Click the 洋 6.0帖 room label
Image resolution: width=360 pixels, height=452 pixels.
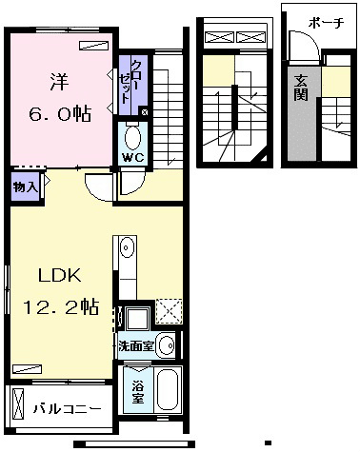coord(60,98)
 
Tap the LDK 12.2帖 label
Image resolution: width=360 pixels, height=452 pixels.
coord(60,291)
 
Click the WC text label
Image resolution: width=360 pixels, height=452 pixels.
coord(133,157)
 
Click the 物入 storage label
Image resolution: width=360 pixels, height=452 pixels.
coord(25,187)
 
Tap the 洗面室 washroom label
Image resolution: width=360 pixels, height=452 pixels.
coord(136,346)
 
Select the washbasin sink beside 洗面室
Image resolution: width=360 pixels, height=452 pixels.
coord(167,345)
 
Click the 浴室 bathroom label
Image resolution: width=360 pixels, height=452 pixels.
coord(138,392)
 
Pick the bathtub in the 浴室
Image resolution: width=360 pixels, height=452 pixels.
coord(168,389)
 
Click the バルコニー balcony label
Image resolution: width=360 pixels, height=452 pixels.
coord(68,409)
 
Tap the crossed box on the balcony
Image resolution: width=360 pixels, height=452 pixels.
coord(18,403)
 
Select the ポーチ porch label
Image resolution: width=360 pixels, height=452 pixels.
coord(326,23)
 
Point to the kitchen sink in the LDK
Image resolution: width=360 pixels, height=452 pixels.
coord(127,247)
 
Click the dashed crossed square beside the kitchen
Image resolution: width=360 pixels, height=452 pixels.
coord(169,311)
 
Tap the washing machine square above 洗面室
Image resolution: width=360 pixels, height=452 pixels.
coord(137,318)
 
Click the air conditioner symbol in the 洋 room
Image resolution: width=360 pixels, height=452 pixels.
coord(93,46)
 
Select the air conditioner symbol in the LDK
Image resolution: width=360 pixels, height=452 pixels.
coord(27,369)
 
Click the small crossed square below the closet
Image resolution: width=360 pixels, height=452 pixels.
coord(144,111)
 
